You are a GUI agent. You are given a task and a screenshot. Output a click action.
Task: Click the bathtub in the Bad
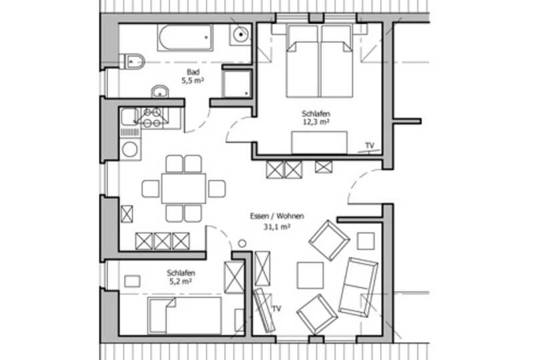pyautogui.click(x=185, y=37)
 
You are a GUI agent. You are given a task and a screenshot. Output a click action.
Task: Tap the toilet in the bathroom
pyautogui.click(x=132, y=61)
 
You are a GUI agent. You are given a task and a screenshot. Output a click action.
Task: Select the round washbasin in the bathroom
pyautogui.click(x=160, y=92)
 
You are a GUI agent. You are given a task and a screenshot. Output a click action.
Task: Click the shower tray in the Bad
pyautogui.click(x=237, y=84)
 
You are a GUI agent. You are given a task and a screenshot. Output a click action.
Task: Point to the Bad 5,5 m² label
pyautogui.click(x=193, y=76)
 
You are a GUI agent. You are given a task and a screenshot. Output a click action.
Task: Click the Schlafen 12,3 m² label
pyautogui.click(x=316, y=118)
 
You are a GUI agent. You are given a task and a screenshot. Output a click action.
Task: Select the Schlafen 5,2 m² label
pyautogui.click(x=180, y=277)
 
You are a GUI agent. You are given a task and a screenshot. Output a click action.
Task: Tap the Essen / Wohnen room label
pyautogui.click(x=277, y=216)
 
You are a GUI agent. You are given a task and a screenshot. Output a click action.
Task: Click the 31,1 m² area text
pyautogui.click(x=277, y=226)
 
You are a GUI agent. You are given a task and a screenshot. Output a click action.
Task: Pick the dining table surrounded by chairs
pyautogui.click(x=184, y=188)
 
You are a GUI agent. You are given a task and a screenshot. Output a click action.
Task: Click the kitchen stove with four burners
pyautogui.click(x=152, y=118)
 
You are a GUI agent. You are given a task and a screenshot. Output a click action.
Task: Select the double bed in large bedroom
pyautogui.click(x=319, y=61)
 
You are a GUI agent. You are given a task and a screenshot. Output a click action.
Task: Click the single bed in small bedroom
pyautogui.click(x=184, y=315)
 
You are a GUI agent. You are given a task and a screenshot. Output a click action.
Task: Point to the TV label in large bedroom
pyautogui.click(x=370, y=145)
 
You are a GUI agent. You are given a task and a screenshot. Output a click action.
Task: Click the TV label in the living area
pyautogui.click(x=276, y=309)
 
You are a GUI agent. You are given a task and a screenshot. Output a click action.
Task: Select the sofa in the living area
pyautogui.click(x=358, y=287)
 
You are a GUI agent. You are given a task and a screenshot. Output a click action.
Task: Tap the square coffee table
pyautogui.click(x=310, y=275)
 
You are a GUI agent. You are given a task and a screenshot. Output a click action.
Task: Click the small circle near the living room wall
pyautogui.click(x=242, y=243)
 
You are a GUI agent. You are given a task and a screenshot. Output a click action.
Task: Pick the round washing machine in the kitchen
pyautogui.click(x=130, y=150)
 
